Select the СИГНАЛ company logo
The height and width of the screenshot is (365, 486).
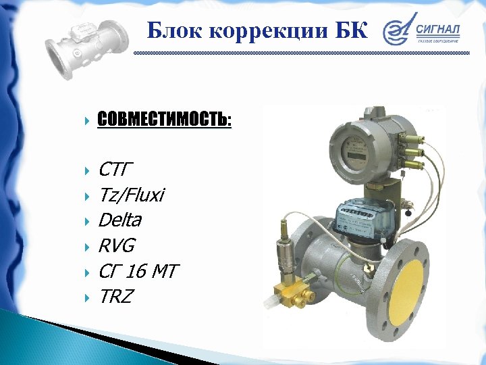click(422, 32)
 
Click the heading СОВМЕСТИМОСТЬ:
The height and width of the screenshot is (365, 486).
click(164, 120)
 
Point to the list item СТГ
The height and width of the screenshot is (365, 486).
click(117, 168)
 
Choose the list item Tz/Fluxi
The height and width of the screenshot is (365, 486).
click(131, 195)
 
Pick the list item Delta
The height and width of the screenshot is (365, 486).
click(119, 220)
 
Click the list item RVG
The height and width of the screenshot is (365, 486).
click(117, 245)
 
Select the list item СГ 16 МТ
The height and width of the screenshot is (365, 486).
click(137, 271)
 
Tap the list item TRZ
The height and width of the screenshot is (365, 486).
click(115, 296)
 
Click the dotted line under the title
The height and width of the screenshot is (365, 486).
click(300, 53)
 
